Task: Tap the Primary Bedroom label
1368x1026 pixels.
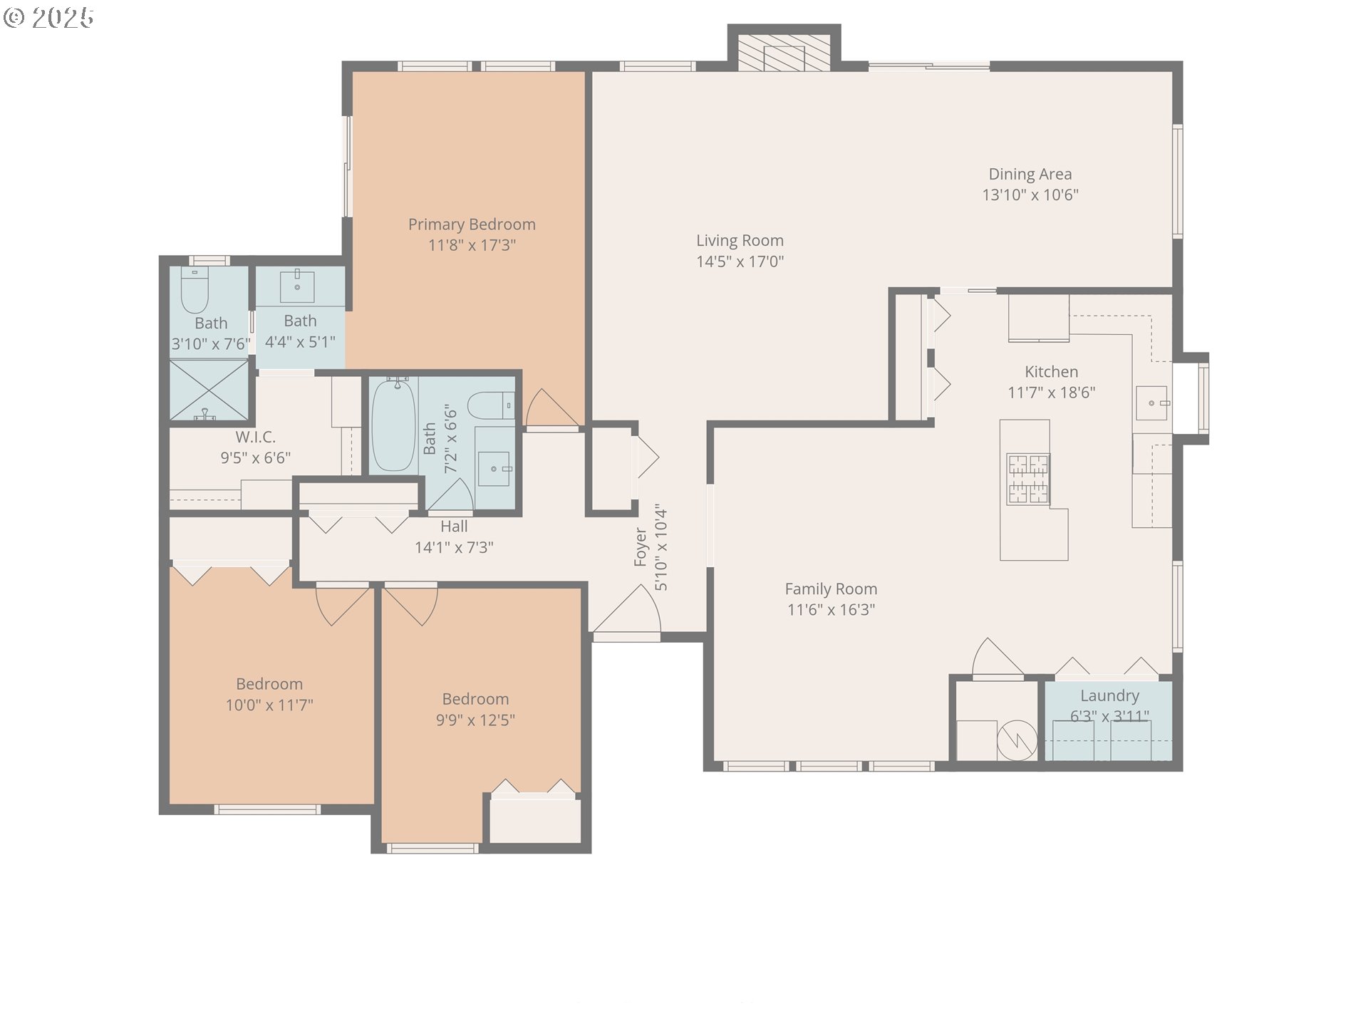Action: pyautogui.click(x=472, y=224)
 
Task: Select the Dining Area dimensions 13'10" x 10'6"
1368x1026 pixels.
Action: pyautogui.click(x=1030, y=195)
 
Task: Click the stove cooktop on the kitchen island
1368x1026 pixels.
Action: pyautogui.click(x=1027, y=478)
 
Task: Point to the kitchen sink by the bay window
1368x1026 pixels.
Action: pyautogui.click(x=1152, y=403)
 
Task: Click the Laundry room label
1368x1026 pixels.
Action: pyautogui.click(x=1109, y=696)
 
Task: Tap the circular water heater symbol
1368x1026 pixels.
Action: pyautogui.click(x=1017, y=741)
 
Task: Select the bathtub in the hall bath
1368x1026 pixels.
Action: pyautogui.click(x=393, y=425)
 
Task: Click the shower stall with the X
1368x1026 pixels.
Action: pyautogui.click(x=209, y=390)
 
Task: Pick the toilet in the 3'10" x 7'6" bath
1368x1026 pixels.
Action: pyautogui.click(x=194, y=291)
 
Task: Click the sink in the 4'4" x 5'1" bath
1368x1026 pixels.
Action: pyautogui.click(x=297, y=286)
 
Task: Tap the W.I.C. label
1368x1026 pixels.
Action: pyautogui.click(x=255, y=437)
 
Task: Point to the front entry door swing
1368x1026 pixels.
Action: pyautogui.click(x=628, y=609)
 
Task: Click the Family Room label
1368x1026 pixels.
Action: pyautogui.click(x=831, y=589)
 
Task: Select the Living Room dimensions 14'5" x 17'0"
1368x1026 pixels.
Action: pyautogui.click(x=740, y=261)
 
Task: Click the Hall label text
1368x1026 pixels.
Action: pyautogui.click(x=454, y=527)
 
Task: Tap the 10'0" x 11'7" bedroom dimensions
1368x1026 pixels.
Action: pyautogui.click(x=269, y=705)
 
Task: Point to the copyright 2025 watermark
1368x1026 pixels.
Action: pyautogui.click(x=48, y=18)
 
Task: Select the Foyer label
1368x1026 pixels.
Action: pyautogui.click(x=640, y=547)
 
